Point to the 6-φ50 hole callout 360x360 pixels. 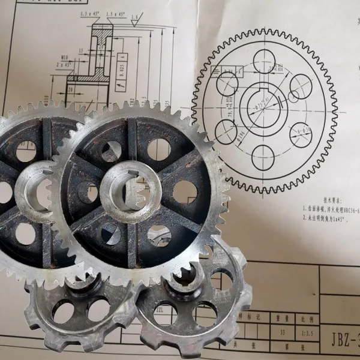tap(299, 131)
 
